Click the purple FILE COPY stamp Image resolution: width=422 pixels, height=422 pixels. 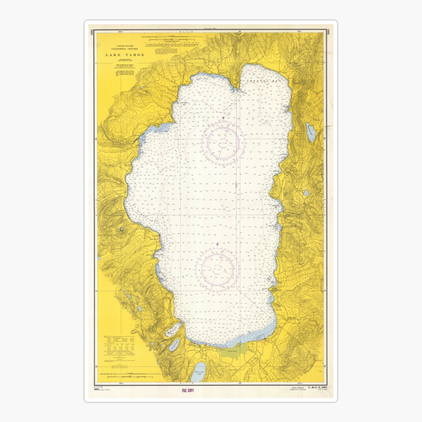pyautogui.click(x=188, y=390)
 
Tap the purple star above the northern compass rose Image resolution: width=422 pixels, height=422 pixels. pyautogui.click(x=223, y=117)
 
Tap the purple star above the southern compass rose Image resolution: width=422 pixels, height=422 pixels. pyautogui.click(x=218, y=243)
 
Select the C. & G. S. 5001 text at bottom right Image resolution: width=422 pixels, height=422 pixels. pyautogui.click(x=318, y=388)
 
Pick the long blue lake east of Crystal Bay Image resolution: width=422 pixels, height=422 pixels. pyautogui.click(x=311, y=132)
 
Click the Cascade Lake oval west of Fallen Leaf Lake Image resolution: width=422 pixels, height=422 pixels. pyautogui.click(x=175, y=345)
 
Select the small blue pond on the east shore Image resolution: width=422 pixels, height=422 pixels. pyautogui.click(x=306, y=193)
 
